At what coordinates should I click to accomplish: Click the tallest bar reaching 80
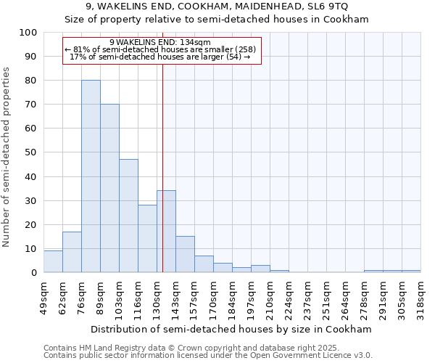[x=91, y=176]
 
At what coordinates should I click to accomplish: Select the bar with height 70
[x=109, y=189]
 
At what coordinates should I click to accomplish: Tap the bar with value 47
[x=128, y=216]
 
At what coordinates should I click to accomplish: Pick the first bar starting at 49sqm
[x=53, y=261]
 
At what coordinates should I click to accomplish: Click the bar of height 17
[x=72, y=252]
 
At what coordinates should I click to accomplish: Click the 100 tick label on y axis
[x=28, y=33]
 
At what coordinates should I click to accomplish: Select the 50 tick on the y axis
[x=31, y=152]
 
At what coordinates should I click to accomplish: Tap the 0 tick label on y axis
[x=34, y=273]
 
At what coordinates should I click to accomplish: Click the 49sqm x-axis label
[x=43, y=298]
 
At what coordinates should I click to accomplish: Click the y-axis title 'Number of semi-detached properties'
[x=7, y=157]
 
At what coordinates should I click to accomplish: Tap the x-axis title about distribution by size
[x=231, y=329]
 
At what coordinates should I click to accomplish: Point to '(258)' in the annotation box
[x=241, y=49]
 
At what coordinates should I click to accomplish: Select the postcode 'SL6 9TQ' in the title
[x=328, y=7]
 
